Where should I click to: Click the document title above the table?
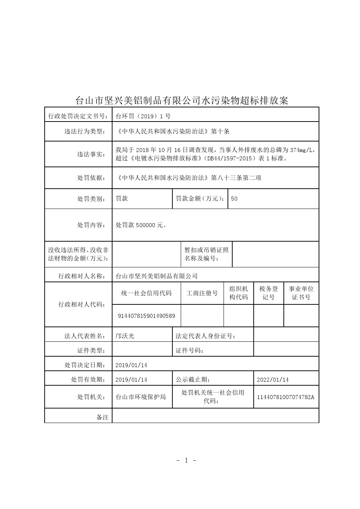(181, 100)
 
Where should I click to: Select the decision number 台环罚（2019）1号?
(143, 116)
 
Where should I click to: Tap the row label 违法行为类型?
(85, 131)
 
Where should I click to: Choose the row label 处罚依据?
(91, 178)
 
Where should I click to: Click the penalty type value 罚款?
(122, 198)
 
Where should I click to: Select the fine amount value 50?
(234, 199)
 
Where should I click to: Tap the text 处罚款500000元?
(141, 225)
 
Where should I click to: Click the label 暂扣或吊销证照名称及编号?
(206, 254)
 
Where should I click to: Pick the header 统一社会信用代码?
(146, 293)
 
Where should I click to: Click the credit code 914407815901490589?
(146, 316)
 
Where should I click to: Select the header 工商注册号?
(202, 293)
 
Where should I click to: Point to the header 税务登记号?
(269, 293)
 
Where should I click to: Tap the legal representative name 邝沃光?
(125, 336)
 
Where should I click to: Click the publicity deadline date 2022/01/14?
(273, 379)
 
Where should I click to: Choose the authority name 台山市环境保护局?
(140, 397)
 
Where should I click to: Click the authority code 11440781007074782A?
(286, 397)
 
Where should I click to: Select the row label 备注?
(102, 417)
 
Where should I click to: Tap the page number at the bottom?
(187, 460)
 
